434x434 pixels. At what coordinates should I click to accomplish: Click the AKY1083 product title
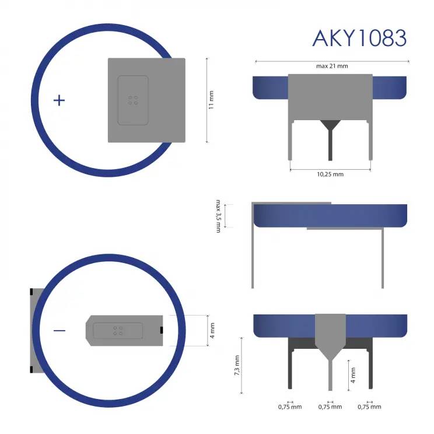[x=359, y=37]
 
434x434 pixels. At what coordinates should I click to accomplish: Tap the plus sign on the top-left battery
[x=59, y=100]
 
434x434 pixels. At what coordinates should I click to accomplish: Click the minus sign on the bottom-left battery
[x=60, y=331]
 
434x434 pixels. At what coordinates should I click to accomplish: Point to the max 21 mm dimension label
[x=332, y=66]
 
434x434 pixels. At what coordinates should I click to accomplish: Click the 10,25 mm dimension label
[x=330, y=174]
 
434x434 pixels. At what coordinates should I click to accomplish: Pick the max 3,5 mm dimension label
[x=218, y=216]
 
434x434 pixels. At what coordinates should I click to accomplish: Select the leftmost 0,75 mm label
[x=290, y=407]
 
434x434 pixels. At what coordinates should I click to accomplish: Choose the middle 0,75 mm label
[x=330, y=407]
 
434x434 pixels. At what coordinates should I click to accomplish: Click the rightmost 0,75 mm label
[x=369, y=407]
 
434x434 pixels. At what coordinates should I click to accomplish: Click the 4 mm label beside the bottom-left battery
[x=212, y=331]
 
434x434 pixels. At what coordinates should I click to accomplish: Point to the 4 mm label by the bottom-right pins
[x=352, y=371]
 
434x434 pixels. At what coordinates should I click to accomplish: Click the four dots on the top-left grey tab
[x=133, y=100]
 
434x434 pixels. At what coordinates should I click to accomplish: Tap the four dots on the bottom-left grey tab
[x=118, y=330]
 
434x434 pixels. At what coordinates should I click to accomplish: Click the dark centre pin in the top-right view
[x=330, y=143]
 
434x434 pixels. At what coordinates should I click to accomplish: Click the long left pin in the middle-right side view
[x=253, y=257]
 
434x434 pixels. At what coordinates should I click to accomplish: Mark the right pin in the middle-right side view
[x=383, y=257]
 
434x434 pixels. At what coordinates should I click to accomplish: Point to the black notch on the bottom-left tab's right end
[x=160, y=331]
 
